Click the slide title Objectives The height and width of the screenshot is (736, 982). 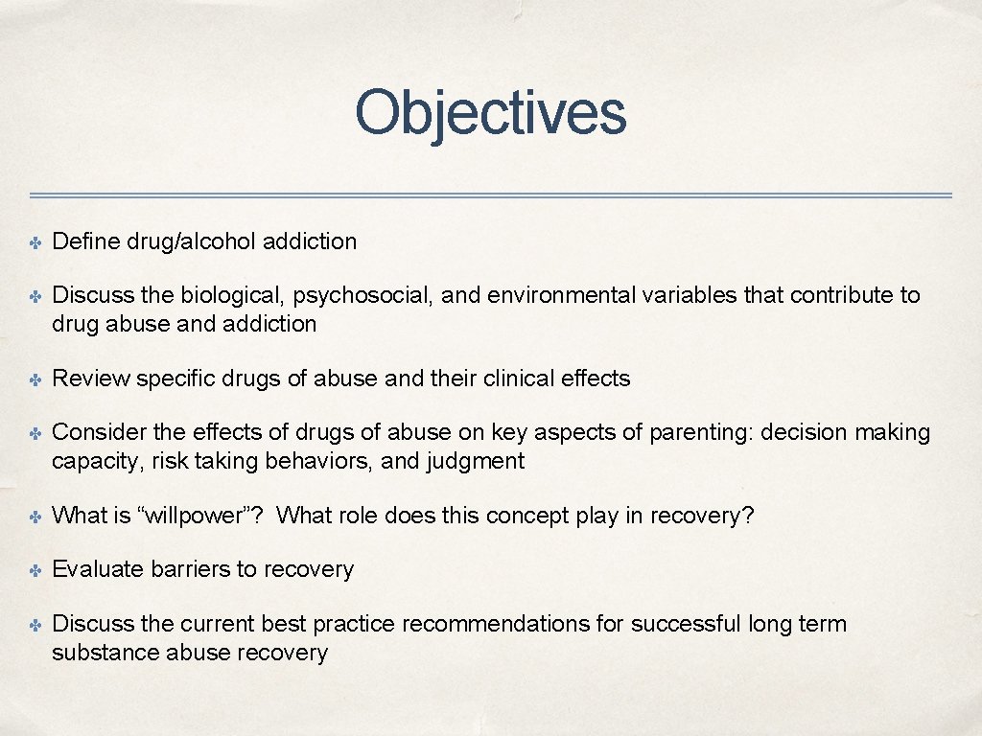[x=490, y=113]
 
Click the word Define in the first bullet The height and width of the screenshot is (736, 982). [x=85, y=241]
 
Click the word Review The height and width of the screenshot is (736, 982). [x=91, y=379]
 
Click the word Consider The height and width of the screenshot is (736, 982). [x=97, y=432]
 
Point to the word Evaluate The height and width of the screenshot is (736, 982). [x=98, y=569]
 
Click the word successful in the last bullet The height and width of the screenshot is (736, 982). [x=686, y=624]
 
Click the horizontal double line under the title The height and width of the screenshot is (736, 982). [x=490, y=195]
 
